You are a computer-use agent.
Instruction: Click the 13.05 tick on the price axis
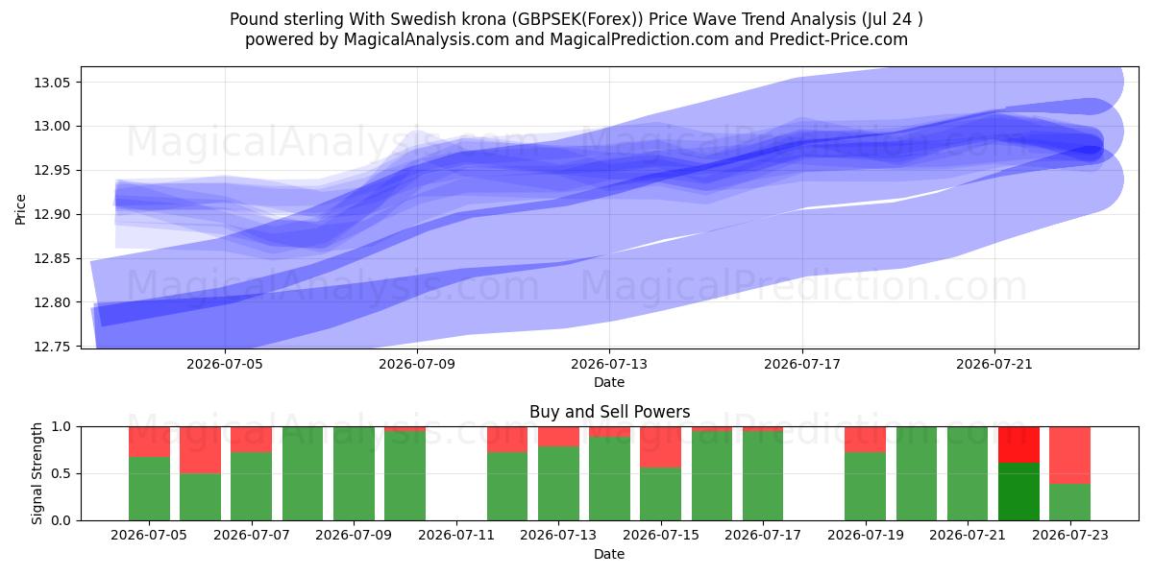click(x=52, y=83)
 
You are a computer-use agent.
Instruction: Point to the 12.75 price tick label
click(x=52, y=347)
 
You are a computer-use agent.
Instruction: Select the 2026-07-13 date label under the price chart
click(x=609, y=364)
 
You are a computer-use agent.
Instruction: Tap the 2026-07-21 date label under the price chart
click(x=994, y=364)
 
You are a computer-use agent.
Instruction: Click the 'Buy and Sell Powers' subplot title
click(x=609, y=412)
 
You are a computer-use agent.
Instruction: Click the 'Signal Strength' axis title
click(x=37, y=473)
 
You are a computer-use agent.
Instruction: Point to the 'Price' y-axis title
click(x=20, y=210)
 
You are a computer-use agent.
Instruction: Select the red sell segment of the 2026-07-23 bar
click(x=1069, y=455)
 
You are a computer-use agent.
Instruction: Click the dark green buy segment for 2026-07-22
click(x=1018, y=492)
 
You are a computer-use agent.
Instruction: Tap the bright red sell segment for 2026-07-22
click(x=1018, y=444)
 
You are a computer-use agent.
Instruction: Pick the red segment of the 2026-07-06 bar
click(x=200, y=450)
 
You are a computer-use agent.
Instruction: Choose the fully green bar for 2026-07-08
click(x=303, y=473)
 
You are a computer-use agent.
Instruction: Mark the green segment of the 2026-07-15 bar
click(x=660, y=493)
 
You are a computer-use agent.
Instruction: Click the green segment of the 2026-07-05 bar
click(x=149, y=489)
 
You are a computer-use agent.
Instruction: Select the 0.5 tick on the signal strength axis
click(x=61, y=473)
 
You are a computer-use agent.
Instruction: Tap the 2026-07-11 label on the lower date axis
click(x=456, y=536)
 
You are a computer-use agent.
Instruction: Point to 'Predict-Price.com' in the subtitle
click(x=839, y=39)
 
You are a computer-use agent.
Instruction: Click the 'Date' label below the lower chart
click(x=609, y=555)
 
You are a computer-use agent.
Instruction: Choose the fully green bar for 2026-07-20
click(x=917, y=473)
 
